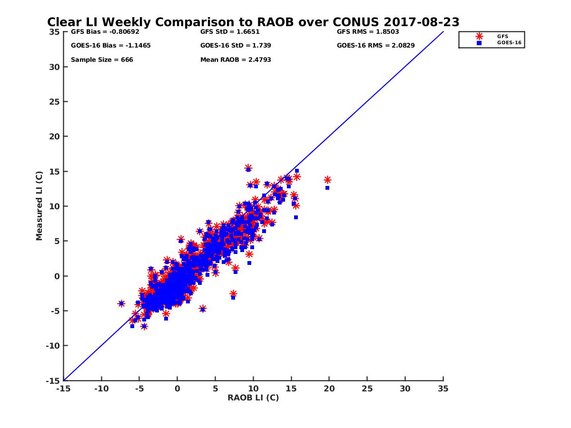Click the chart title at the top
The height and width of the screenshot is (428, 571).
pos(253,22)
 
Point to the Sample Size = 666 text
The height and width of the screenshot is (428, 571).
pos(102,60)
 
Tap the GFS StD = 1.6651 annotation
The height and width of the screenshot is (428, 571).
pos(230,32)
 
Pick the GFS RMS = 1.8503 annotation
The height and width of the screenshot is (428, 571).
pos(368,32)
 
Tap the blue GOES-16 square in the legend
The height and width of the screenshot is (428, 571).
pos(479,43)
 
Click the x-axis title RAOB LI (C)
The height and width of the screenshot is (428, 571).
pos(253,398)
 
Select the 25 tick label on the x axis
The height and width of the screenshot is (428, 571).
pos(367,389)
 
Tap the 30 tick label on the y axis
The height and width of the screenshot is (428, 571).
pos(54,67)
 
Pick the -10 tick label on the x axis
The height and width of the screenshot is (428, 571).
pos(101,389)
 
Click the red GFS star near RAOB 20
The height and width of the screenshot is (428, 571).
pos(327,180)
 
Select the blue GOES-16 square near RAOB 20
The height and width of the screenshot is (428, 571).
pos(327,188)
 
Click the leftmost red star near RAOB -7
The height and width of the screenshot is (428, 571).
pos(121,303)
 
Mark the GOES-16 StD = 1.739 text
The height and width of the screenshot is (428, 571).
pos(236,46)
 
